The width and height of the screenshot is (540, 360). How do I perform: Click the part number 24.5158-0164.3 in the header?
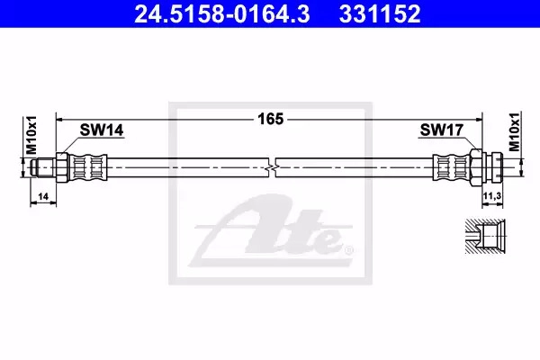coord(222,14)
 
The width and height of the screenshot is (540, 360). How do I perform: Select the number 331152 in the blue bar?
coord(380,14)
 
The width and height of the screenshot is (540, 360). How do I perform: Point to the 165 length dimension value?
coord(271,119)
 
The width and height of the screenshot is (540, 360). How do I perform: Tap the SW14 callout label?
coord(102,130)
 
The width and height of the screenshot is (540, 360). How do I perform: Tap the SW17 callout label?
coord(442,130)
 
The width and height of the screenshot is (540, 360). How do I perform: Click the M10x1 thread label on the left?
coord(31,135)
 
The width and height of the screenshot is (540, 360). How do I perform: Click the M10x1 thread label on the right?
coord(515,132)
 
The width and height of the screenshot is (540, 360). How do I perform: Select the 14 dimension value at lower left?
coord(43,197)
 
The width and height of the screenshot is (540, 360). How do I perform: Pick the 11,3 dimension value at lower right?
coord(492,196)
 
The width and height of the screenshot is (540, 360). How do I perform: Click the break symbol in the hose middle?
coord(272,167)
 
